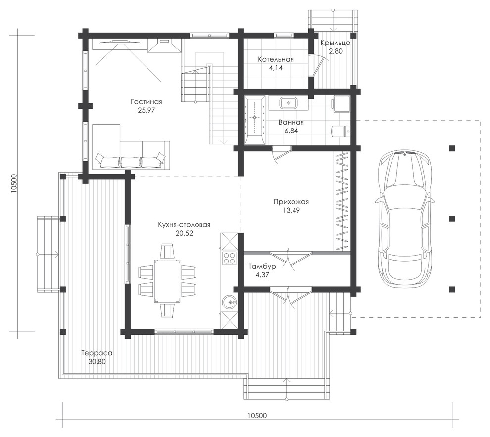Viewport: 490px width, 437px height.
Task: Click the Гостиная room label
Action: pos(146,102)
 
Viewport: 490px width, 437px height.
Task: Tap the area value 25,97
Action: pos(146,110)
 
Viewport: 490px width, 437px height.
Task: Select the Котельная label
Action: pos(276,59)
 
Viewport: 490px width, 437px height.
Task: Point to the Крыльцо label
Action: pos(335,43)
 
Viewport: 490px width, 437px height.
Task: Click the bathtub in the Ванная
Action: pos(255,121)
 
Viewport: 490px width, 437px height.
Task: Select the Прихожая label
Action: pos(291,202)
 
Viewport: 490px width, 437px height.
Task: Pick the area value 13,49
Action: pos(291,210)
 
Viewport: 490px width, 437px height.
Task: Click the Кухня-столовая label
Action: pos(184,225)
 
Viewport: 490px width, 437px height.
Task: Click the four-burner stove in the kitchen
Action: pos(229,259)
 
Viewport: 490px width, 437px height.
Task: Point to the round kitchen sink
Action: pos(230,302)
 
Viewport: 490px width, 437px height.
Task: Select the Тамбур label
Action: pos(262,267)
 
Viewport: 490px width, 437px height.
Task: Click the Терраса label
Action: pos(97,353)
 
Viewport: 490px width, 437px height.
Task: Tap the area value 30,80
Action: pos(97,362)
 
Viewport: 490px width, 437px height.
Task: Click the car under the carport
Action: pos(405,218)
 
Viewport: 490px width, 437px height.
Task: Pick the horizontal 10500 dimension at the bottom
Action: pos(257,415)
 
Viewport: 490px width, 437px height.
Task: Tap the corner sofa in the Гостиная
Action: pos(131,147)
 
